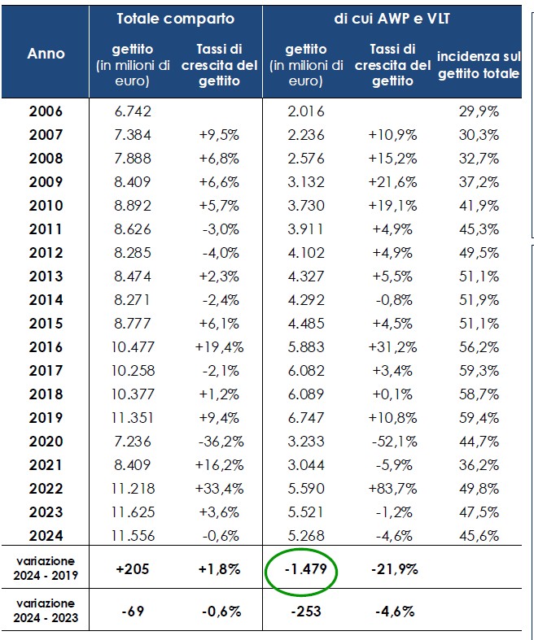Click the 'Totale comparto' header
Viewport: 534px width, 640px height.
(175, 18)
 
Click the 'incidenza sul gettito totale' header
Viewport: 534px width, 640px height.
(479, 65)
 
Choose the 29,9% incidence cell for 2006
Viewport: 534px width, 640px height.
(479, 112)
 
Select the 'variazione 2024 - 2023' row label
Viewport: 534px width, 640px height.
(45, 611)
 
